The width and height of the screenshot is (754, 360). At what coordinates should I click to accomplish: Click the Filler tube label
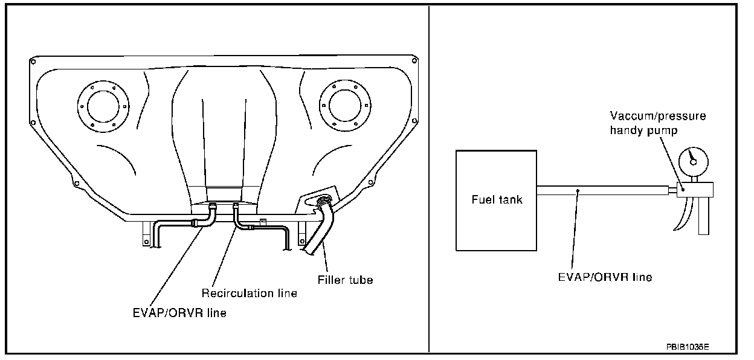pos(345,280)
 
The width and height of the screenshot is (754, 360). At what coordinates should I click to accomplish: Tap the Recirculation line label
pos(249,293)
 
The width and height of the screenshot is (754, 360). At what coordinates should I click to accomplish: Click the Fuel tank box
pos(497,200)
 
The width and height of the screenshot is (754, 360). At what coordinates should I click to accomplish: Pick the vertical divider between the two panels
pos(428,181)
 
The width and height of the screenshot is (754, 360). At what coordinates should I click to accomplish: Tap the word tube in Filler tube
pos(360,280)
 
